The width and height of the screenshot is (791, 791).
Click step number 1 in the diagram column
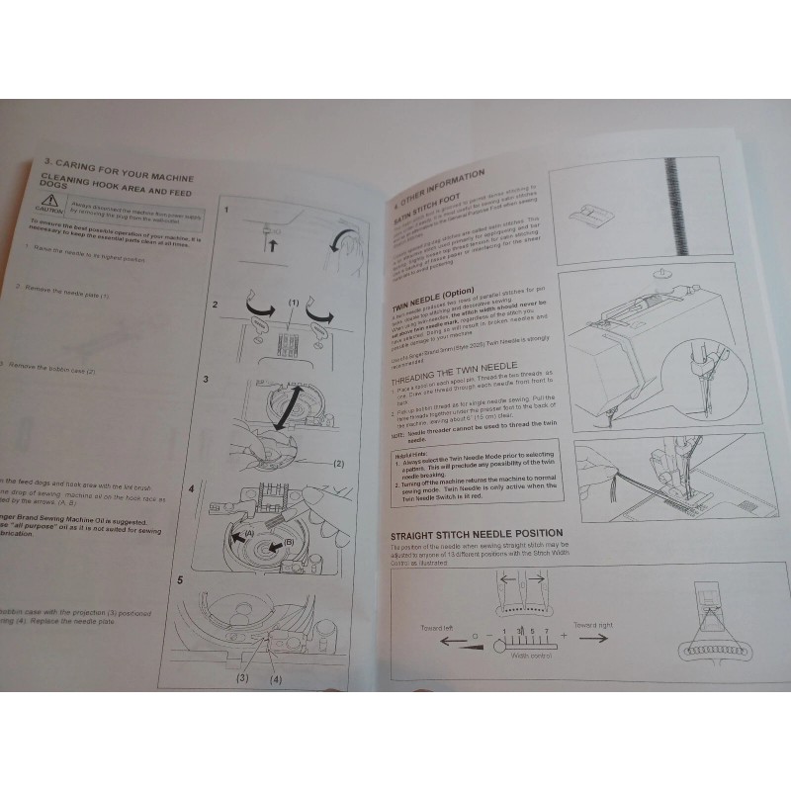coord(227,210)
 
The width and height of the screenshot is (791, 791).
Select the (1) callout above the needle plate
coord(294,301)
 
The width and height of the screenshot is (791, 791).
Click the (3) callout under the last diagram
coord(242,678)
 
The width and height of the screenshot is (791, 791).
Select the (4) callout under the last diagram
coord(274,678)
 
